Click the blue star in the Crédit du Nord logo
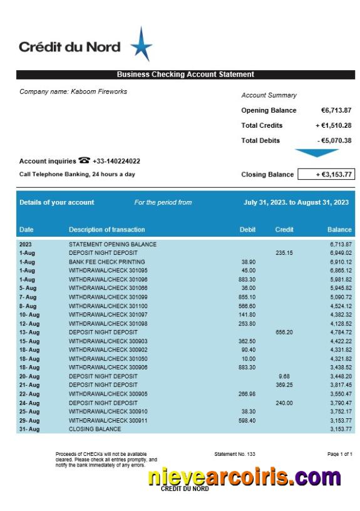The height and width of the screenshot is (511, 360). (141, 45)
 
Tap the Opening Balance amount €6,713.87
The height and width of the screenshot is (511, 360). (336, 110)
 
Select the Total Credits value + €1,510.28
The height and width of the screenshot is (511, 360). (334, 125)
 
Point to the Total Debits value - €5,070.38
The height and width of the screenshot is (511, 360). (334, 140)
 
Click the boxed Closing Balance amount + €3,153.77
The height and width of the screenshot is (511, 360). (326, 175)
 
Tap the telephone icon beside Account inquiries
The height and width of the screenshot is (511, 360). (84, 161)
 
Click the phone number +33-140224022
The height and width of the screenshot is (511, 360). (116, 162)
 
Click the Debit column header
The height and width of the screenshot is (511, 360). (247, 230)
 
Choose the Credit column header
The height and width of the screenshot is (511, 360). (284, 230)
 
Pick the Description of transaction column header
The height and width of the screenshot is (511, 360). (106, 230)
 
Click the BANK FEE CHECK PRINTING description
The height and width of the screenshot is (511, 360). (106, 262)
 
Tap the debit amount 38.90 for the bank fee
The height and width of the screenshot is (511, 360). (248, 262)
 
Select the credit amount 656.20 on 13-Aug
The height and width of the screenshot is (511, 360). (284, 333)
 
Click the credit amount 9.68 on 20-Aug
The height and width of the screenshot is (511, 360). (284, 376)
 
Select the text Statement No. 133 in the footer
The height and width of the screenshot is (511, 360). (234, 453)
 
